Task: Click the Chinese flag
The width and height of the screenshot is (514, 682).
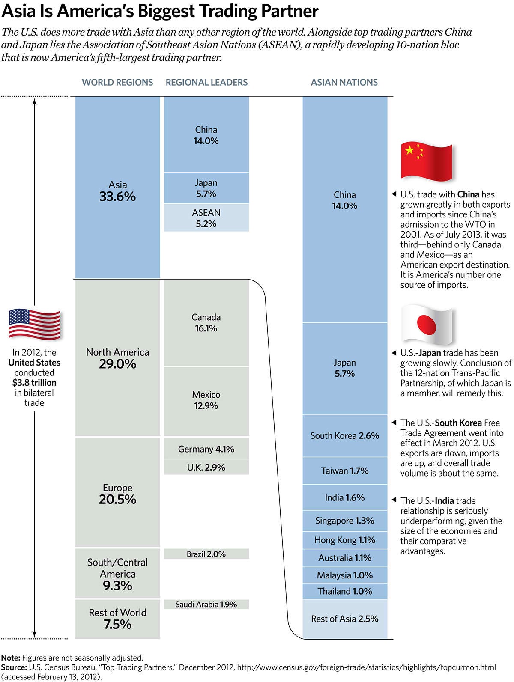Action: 426,161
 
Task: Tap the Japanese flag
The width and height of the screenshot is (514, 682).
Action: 426,325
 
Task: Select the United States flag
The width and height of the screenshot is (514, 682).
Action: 34,324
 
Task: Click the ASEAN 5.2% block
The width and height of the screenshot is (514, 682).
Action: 206,218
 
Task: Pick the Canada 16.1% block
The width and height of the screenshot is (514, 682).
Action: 206,323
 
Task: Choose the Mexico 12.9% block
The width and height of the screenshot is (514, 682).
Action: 206,401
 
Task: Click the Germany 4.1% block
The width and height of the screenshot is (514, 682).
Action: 206,449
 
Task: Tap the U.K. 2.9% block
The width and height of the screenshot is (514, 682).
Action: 206,467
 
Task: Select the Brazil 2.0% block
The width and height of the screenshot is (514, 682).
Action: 206,554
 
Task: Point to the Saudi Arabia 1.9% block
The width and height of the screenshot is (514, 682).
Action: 206,604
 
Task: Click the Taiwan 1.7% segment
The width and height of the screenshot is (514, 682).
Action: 345,471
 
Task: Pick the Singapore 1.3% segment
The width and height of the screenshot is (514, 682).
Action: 345,521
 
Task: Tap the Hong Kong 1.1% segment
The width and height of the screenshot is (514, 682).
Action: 345,540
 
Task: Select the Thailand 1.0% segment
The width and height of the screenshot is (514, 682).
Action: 345,591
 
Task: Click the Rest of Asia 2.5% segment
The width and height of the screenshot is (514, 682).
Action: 345,619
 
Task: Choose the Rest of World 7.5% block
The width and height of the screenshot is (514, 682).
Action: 118,619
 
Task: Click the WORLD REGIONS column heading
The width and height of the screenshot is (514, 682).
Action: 117,82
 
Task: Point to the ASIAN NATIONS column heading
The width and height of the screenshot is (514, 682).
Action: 344,82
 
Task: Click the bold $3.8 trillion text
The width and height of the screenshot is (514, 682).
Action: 34,383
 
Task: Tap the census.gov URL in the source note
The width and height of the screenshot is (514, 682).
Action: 366,667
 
